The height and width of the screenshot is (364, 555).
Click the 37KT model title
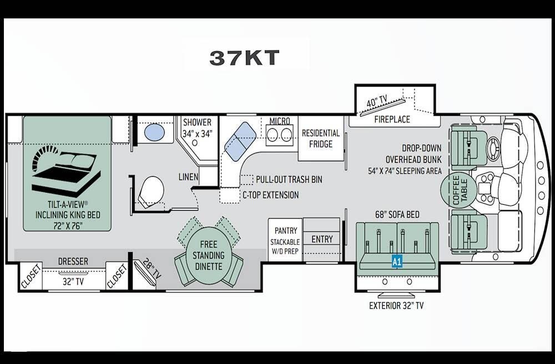[244, 58]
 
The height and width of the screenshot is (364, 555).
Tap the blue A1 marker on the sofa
[397, 262]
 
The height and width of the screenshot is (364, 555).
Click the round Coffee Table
[459, 190]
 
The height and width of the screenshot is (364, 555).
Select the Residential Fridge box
[321, 139]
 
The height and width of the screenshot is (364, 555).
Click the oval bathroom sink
[154, 133]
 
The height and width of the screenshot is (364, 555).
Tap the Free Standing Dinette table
[209, 255]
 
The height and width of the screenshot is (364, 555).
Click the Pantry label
[286, 231]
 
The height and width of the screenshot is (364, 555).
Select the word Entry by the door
[322, 239]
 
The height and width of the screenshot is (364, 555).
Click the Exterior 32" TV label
[396, 306]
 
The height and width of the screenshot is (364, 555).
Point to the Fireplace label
[392, 120]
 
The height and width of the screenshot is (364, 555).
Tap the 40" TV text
[377, 101]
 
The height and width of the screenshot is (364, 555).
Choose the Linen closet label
[188, 177]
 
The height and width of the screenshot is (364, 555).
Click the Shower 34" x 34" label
[197, 128]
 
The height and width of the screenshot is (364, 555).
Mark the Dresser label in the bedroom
[73, 261]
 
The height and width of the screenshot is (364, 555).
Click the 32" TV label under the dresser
[73, 281]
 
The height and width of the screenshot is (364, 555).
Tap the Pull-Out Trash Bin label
[289, 180]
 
